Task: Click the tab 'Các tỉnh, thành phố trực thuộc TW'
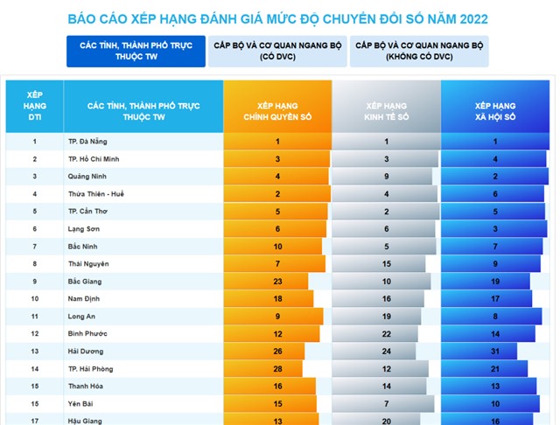point(136,51)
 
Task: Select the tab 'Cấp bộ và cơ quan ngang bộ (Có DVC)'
point(277,51)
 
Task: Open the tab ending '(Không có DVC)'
point(419,51)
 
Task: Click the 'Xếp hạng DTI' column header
point(35,106)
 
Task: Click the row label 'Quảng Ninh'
point(87,177)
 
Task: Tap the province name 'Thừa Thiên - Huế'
point(96,194)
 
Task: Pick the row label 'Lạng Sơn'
point(84,229)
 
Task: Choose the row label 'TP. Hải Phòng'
point(91,369)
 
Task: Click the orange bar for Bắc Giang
point(266,282)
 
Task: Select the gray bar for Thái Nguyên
point(379,264)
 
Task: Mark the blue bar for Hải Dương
point(479,352)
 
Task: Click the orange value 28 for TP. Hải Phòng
point(278,369)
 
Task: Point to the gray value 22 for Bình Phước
point(387,334)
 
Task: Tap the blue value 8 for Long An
point(495,317)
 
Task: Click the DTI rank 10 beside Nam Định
point(35,299)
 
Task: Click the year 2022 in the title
point(473,19)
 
